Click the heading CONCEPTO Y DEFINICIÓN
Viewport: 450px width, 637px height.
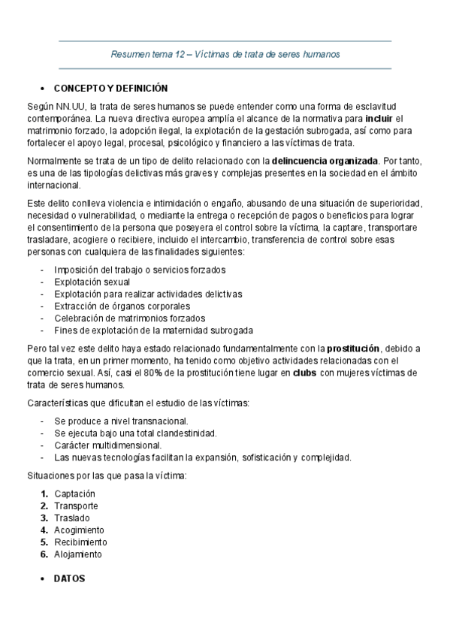click(111, 88)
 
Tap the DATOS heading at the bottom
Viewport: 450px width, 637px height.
click(69, 579)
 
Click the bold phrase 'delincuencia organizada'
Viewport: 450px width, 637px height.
click(325, 161)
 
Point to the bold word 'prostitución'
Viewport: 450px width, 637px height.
click(355, 349)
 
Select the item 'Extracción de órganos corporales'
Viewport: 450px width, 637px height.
click(122, 306)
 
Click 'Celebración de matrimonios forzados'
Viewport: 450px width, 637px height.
click(128, 318)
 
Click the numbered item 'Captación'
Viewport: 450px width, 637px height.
click(75, 494)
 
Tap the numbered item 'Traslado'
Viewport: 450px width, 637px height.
click(72, 518)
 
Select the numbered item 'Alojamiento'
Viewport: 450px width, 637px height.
click(78, 554)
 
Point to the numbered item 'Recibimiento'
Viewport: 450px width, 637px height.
click(80, 542)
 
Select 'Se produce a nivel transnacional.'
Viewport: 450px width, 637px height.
click(121, 421)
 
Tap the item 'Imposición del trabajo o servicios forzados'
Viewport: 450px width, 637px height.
click(140, 270)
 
